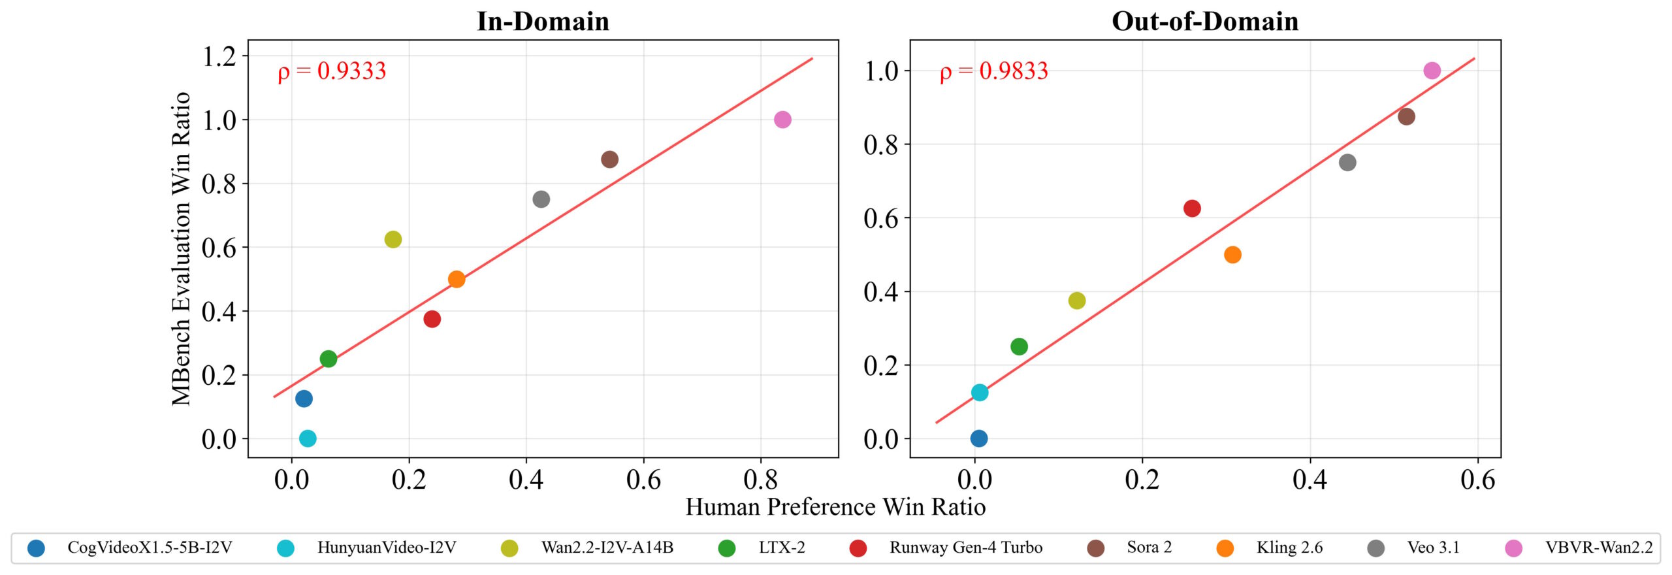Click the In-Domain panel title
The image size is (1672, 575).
click(543, 22)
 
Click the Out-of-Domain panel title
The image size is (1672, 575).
click(1205, 22)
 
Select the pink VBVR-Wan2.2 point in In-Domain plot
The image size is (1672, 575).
click(782, 120)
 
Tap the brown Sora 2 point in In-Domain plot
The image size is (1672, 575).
click(609, 159)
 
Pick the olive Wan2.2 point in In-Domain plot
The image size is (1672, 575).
click(393, 239)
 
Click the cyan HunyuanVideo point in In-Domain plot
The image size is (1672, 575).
click(308, 438)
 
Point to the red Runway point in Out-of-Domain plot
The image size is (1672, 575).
click(1192, 208)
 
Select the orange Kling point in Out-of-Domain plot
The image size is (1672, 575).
click(1232, 255)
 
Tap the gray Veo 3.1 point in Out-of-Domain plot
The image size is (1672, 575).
click(1347, 163)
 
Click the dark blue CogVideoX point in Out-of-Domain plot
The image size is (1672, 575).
click(978, 438)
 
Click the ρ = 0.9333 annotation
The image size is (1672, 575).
click(332, 71)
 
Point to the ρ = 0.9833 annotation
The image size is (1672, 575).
click(993, 71)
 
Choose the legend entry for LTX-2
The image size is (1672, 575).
click(781, 548)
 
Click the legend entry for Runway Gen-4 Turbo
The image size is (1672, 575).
click(965, 548)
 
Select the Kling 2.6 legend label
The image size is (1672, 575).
click(1289, 548)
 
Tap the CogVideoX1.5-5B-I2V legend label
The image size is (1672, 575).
click(150, 548)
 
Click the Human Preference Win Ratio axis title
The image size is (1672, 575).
click(835, 507)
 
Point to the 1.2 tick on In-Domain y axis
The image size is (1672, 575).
click(219, 56)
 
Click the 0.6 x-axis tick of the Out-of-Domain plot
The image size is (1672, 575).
click(1478, 480)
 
